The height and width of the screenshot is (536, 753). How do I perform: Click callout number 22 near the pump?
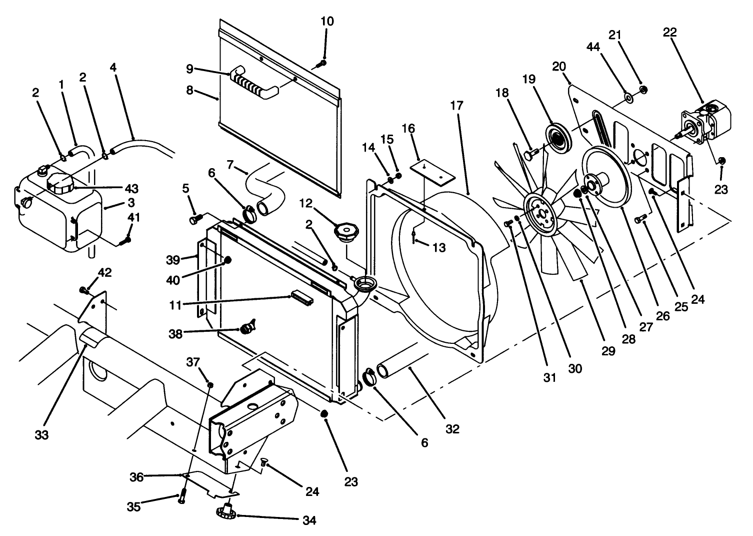tap(669, 33)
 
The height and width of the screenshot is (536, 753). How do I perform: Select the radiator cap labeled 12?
tap(345, 233)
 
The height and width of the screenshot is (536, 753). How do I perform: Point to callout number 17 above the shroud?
tap(456, 106)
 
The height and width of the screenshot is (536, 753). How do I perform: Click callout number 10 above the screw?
tap(327, 22)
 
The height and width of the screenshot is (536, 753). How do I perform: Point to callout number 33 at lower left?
tap(42, 435)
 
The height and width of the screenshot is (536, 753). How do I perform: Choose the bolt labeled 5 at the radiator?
tap(195, 219)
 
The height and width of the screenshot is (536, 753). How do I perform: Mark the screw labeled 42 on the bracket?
tap(84, 289)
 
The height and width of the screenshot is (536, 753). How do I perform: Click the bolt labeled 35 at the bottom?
tap(181, 498)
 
